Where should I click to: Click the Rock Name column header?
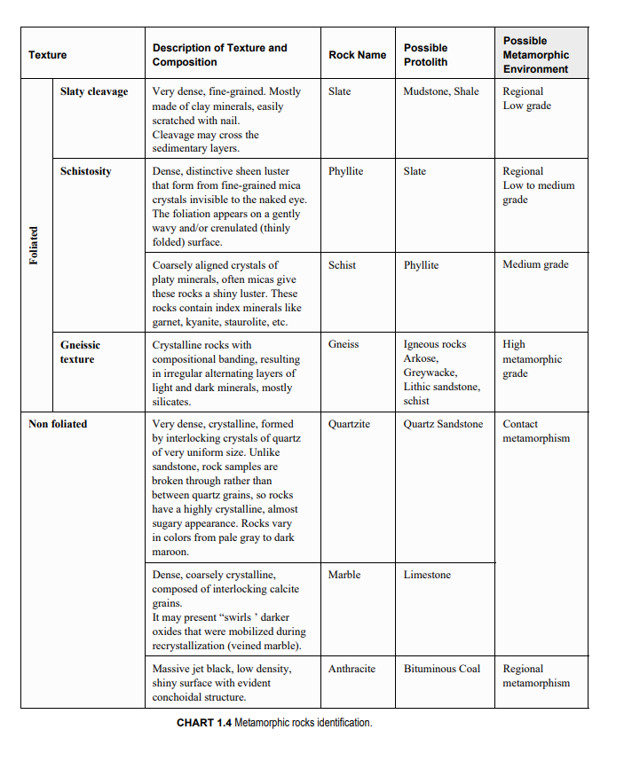357,55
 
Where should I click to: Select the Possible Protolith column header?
426,55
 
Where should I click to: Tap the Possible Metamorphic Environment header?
536,55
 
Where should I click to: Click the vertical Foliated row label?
34,246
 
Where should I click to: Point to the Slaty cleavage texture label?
94,91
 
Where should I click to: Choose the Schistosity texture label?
86,171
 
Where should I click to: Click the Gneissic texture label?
80,351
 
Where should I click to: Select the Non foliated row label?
58,424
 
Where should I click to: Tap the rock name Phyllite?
345,171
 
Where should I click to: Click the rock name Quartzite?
349,424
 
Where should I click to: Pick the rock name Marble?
344,575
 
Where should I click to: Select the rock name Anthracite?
352,669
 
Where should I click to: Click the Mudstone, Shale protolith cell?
441,91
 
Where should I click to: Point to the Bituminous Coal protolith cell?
442,669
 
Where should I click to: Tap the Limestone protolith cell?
427,575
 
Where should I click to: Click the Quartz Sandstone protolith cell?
444,424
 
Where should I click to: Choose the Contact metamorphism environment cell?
536,431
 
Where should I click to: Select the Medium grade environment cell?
535,264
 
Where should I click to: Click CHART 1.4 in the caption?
204,723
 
